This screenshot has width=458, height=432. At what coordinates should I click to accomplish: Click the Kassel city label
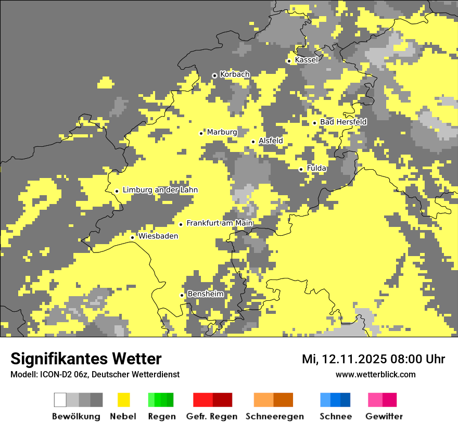point(306,60)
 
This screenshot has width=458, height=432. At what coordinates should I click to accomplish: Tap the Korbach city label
point(235,74)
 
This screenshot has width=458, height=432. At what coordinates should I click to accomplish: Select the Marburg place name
point(222,132)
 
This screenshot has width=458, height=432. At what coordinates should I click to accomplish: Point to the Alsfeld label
point(271,141)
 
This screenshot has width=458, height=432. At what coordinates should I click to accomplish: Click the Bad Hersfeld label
point(343,122)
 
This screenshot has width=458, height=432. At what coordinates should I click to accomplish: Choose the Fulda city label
point(316,168)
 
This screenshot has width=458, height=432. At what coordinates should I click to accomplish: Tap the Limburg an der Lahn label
point(160,190)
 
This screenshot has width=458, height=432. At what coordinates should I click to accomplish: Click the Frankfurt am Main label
point(220,223)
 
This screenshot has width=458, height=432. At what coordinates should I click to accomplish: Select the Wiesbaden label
point(158,236)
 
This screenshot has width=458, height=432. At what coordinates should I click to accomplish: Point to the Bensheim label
point(205,294)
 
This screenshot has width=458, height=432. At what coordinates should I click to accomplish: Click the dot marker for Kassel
point(289,61)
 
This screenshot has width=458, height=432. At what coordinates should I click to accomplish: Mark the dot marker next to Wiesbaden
point(132,237)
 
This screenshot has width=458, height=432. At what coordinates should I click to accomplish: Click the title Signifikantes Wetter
point(86,359)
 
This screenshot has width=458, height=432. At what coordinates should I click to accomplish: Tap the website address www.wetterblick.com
point(375,374)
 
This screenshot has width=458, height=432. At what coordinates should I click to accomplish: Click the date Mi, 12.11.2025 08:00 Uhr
point(373,359)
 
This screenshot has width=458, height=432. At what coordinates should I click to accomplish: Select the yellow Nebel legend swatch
point(123,400)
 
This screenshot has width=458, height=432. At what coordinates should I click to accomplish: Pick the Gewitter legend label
point(384,416)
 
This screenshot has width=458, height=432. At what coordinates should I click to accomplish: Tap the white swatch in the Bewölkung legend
point(60,400)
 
